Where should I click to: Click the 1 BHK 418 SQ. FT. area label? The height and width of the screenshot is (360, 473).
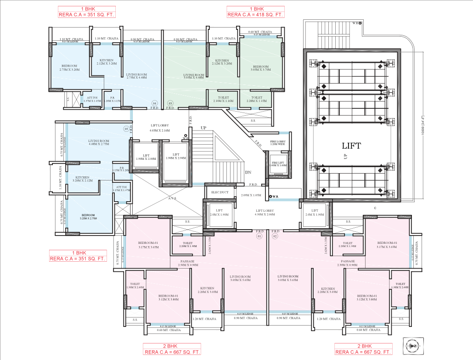[x=255, y=12]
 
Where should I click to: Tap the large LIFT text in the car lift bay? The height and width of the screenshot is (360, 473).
[x=351, y=146]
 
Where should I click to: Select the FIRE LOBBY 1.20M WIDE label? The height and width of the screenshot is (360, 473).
[x=277, y=143]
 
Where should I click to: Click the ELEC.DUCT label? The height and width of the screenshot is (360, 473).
[x=220, y=191]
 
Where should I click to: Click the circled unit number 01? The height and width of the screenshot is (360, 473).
[x=259, y=236]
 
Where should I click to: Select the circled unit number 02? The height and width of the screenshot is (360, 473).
[x=275, y=236]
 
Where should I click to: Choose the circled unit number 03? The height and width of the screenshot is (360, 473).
[x=170, y=103]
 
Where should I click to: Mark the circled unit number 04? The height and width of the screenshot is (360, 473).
[x=155, y=103]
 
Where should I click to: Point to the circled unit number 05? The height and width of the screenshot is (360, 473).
[x=126, y=129]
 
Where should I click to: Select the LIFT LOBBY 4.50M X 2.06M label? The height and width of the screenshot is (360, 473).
[x=265, y=213]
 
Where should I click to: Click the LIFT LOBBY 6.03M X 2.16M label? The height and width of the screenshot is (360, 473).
[x=160, y=128]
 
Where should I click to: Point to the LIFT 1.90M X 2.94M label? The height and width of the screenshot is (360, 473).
[x=175, y=157]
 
